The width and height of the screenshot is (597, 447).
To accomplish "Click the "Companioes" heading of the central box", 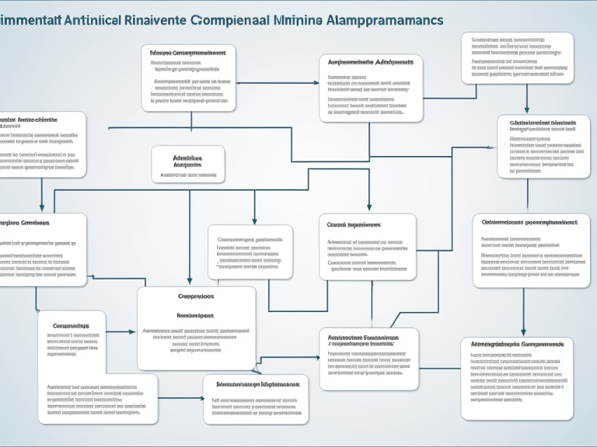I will coord(196,296).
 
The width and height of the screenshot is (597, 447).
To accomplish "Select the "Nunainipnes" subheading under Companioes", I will coord(196,316).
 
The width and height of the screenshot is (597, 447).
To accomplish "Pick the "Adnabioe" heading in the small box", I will coord(187,157).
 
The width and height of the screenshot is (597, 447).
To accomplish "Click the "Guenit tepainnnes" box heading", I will coord(354,225).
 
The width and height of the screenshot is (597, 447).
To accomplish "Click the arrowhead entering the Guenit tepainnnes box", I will coord(369,209).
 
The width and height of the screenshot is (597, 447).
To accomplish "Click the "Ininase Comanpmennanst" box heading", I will coord(188,53).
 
